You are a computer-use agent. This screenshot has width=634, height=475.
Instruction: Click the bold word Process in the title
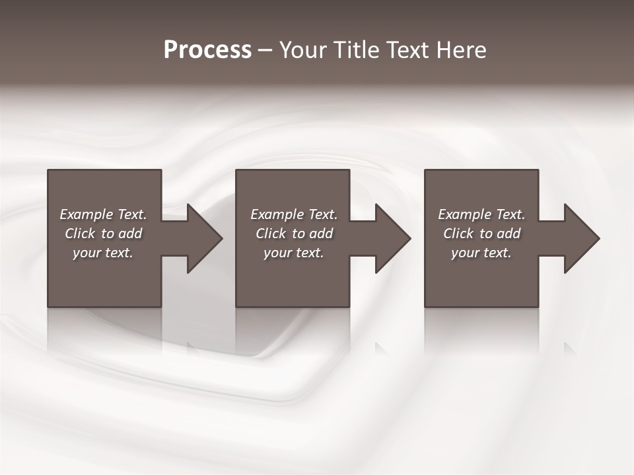pyautogui.click(x=207, y=50)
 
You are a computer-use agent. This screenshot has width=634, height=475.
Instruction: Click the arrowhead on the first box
pyautogui.click(x=201, y=238)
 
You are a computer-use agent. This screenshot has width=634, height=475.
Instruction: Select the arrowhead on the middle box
pyautogui.click(x=390, y=238)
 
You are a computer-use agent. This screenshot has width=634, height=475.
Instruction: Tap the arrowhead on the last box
pyautogui.click(x=579, y=238)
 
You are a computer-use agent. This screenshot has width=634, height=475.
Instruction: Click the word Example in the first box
pyautogui.click(x=85, y=215)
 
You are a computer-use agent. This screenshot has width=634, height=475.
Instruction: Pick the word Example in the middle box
pyautogui.click(x=276, y=215)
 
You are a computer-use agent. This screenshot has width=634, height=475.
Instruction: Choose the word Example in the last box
pyautogui.click(x=464, y=215)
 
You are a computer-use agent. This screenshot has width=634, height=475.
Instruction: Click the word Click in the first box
pyautogui.click(x=80, y=234)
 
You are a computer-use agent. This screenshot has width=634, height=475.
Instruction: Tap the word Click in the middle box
pyautogui.click(x=271, y=234)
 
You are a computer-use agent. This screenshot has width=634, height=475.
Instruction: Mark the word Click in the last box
pyautogui.click(x=458, y=234)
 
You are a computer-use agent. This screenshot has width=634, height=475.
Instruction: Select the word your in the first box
pyautogui.click(x=87, y=253)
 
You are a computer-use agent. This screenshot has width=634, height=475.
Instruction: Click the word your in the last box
pyautogui.click(x=465, y=253)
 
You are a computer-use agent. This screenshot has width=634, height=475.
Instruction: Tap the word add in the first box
pyautogui.click(x=130, y=234)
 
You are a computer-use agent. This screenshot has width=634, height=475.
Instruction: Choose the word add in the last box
pyautogui.click(x=509, y=234)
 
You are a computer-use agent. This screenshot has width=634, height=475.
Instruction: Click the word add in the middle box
pyautogui.click(x=321, y=234)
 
